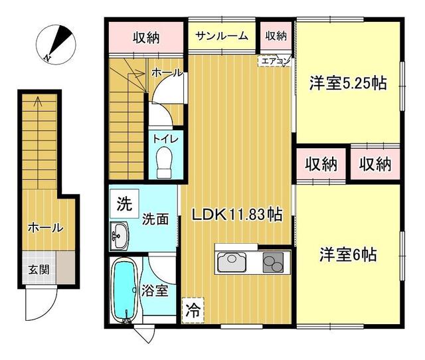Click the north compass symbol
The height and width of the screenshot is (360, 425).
(56, 45)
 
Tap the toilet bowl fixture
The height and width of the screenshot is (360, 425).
(164, 162)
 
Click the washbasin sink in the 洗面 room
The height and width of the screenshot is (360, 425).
(119, 235)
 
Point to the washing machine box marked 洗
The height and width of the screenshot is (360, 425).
(124, 203)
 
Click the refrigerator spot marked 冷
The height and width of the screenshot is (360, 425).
(193, 310)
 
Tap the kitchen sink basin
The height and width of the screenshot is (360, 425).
(232, 262)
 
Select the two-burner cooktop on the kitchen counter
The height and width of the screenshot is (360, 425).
(273, 262)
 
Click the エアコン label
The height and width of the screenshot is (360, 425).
(274, 61)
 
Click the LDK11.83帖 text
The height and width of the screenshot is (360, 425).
(237, 215)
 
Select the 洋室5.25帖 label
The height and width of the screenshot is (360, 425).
(348, 83)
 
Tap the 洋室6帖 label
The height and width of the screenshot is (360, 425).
(348, 254)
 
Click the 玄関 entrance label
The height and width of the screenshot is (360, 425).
(39, 270)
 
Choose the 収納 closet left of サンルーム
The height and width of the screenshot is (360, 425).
(146, 37)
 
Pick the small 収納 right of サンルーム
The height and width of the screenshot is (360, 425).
(276, 35)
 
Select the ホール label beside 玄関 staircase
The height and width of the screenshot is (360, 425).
(46, 228)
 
